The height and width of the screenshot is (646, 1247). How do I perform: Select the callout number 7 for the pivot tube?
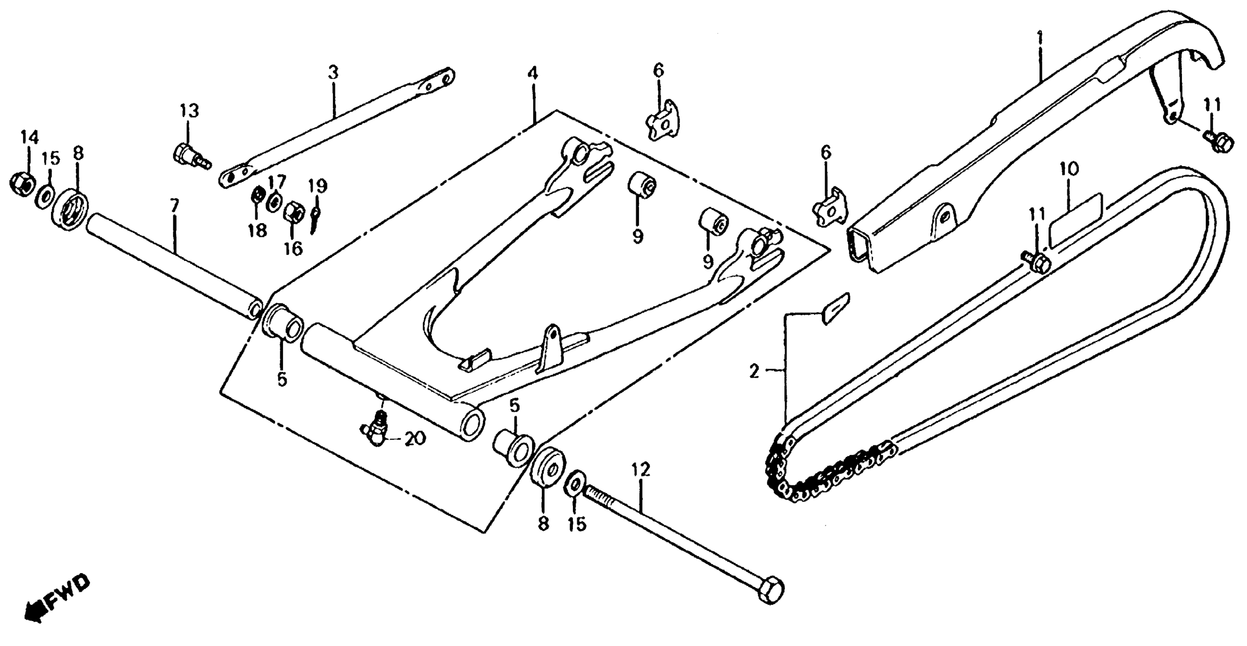(175, 207)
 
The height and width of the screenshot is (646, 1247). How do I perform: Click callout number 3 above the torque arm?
(333, 73)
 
